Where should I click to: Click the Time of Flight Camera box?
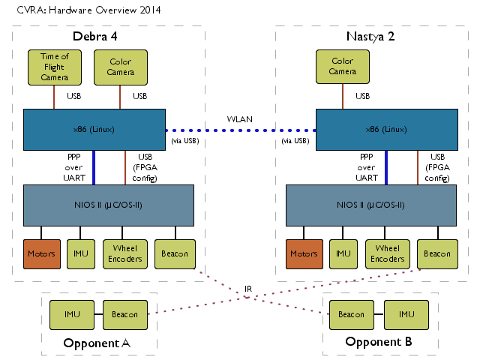[x=55, y=67]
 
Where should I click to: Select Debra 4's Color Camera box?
[x=121, y=67]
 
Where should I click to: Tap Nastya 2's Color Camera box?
[x=343, y=67]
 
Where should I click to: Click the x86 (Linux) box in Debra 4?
[x=94, y=130]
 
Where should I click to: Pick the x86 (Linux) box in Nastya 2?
[x=387, y=130]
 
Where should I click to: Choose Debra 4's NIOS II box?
[x=109, y=205]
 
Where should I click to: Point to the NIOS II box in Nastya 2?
[x=371, y=205]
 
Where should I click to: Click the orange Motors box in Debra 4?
[x=42, y=254]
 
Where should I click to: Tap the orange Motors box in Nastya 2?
[x=304, y=254]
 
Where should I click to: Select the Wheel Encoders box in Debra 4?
[x=125, y=254]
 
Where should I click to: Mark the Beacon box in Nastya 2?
[x=437, y=254]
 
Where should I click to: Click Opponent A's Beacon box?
[x=125, y=315]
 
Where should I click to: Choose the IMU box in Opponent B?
[x=406, y=315]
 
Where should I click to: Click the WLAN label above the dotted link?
[x=240, y=119]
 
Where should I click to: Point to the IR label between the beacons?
[x=248, y=289]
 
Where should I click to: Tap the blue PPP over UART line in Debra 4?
[x=94, y=167]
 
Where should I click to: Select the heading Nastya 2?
[x=370, y=37]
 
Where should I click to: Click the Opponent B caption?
[x=379, y=342]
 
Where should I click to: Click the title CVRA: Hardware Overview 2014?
[x=88, y=10]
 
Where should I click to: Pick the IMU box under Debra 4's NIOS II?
[x=81, y=254]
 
